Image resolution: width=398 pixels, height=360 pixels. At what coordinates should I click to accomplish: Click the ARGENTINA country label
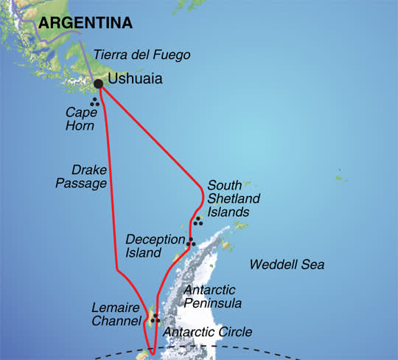85,24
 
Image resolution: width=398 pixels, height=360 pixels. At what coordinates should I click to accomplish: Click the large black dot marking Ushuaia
99,83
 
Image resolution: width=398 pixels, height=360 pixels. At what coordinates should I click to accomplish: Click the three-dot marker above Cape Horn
94,103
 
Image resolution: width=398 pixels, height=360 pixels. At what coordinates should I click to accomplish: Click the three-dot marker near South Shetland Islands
197,220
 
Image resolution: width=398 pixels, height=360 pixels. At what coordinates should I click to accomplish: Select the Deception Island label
153,246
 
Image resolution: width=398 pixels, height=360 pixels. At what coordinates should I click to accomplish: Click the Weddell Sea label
287,264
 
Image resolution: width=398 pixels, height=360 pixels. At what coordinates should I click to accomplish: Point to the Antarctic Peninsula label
213,296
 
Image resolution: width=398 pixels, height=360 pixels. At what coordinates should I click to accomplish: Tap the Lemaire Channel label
116,314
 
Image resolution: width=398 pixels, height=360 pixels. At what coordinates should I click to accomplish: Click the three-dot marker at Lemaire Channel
155,319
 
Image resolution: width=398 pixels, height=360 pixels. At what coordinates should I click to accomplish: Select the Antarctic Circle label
208,332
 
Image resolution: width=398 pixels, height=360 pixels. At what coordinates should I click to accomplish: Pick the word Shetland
228,198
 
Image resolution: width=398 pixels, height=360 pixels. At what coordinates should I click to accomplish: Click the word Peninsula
214,302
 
